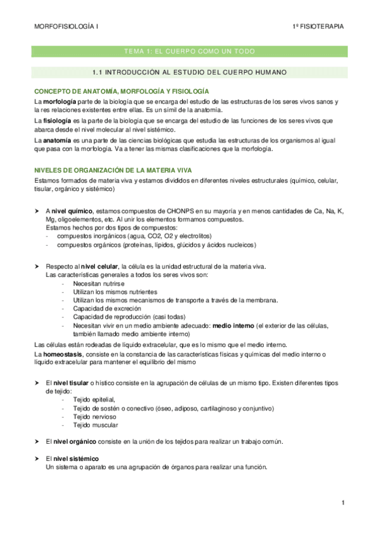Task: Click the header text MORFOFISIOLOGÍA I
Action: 65,27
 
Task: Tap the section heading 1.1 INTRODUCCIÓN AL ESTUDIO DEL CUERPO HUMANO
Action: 189,72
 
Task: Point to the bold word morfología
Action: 62,102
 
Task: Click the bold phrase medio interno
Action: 233,325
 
